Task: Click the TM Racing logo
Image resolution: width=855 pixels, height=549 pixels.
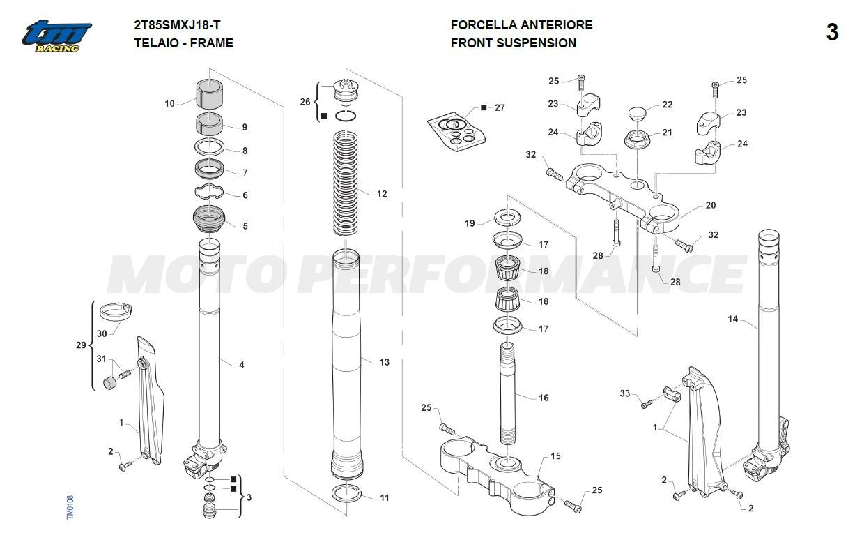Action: pos(56,35)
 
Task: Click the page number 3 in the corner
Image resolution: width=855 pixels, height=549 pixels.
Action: pos(832,33)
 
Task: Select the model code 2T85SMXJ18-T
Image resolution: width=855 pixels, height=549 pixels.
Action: pos(177,24)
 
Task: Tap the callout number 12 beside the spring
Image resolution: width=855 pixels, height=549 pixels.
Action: pos(382,194)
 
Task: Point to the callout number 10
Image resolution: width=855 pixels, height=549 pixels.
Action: pos(169,104)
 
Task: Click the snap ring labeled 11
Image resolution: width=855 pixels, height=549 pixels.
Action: pos(348,492)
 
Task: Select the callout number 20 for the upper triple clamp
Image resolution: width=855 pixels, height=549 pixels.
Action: pos(710,206)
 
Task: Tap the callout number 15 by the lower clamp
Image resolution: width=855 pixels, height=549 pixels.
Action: pos(555,456)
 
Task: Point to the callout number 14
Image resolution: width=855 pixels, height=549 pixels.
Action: pos(732,319)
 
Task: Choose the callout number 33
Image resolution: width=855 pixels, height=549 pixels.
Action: pos(625,394)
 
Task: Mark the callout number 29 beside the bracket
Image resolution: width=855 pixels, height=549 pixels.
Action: pos(81,345)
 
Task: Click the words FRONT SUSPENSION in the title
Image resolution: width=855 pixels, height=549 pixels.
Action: pos(513,43)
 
